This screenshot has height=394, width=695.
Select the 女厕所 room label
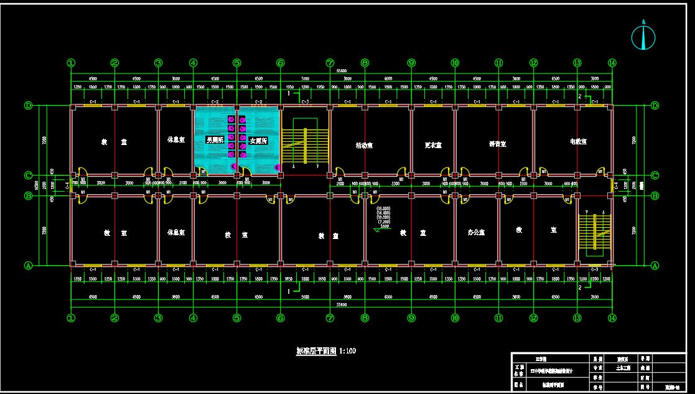258,141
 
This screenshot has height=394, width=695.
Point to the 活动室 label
364,145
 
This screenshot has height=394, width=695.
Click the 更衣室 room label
433,145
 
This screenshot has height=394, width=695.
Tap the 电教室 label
578,141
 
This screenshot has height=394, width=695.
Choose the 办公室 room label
476,232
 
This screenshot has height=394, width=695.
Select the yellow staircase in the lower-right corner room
595,233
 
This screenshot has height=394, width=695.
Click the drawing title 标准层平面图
316,351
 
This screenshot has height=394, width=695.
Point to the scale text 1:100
348,351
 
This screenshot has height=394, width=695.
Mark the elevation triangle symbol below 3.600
376,230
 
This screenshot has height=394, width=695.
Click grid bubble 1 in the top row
71,63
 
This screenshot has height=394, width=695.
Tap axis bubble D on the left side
28,105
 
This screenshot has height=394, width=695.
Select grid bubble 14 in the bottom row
612,317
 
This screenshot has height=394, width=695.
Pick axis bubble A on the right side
655,265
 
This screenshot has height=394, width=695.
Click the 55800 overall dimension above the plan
342,71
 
